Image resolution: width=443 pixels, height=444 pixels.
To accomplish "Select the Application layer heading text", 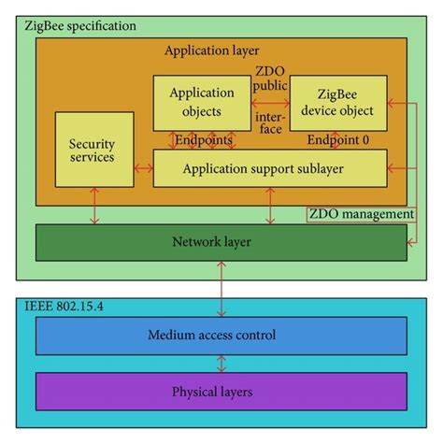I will (x=211, y=50).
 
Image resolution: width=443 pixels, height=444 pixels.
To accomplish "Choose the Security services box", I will (x=92, y=150).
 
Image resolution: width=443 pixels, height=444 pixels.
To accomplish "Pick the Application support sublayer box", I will (x=269, y=168).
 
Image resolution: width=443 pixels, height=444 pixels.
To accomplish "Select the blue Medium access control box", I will (x=221, y=336).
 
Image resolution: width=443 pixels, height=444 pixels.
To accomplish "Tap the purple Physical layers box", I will (x=221, y=391).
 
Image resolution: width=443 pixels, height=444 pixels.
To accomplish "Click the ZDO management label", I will (x=360, y=214).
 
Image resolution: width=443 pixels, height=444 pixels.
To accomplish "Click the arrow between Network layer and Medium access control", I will (x=221, y=289).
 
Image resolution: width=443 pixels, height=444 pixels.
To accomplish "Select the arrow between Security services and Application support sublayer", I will (x=142, y=168).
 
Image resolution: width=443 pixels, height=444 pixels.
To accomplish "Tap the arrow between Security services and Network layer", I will (x=92, y=206).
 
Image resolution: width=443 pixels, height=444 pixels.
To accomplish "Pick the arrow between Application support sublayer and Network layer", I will (x=269, y=206).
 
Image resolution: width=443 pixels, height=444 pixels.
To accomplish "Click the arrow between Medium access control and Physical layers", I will (x=221, y=364).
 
